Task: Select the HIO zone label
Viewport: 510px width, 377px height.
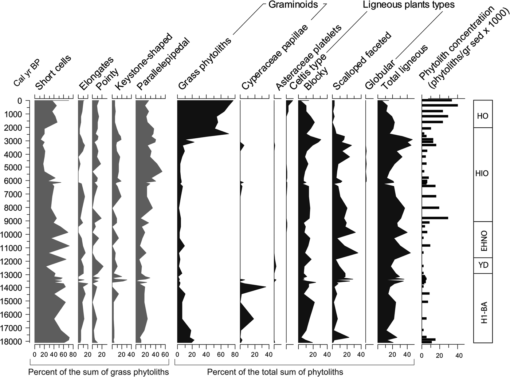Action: click(482, 174)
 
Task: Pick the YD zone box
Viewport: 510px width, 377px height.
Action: click(483, 265)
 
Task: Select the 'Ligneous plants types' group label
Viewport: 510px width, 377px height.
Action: click(408, 5)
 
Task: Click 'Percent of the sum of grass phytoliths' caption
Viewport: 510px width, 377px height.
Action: click(98, 372)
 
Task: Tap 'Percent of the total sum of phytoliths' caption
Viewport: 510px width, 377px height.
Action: click(275, 372)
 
